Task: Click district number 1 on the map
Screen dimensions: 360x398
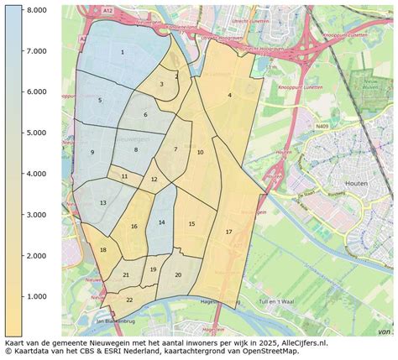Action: point(123,52)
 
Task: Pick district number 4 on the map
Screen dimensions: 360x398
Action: point(229,96)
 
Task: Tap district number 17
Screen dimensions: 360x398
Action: point(228,231)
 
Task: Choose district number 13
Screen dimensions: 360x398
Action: point(102,203)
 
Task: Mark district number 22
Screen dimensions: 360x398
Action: point(129,299)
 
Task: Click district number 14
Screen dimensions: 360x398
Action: point(161,222)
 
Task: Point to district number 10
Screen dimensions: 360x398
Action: point(200,153)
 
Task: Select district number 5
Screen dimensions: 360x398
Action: point(100,101)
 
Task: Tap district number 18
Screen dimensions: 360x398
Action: point(103,250)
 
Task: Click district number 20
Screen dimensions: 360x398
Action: point(178,274)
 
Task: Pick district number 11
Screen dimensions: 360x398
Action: point(124,177)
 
